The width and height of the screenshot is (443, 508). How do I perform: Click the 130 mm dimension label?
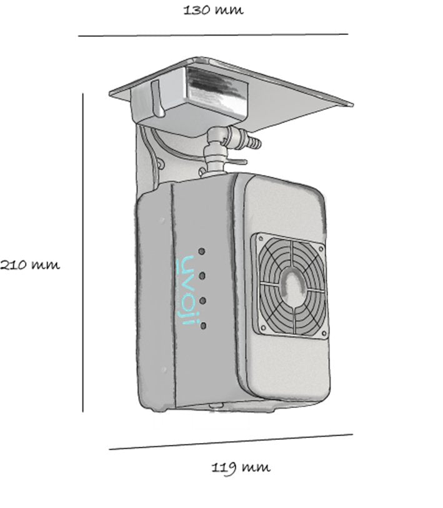213,10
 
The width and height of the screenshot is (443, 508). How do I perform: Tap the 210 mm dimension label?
30,265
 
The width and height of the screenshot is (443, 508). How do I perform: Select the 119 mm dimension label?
241,467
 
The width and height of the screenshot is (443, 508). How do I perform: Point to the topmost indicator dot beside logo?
202,251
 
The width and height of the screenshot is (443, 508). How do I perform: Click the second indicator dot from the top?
202,276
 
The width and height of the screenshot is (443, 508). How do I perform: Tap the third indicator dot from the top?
203,301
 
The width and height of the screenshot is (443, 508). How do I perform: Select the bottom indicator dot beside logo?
204,326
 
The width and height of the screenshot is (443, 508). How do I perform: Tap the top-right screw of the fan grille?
321,249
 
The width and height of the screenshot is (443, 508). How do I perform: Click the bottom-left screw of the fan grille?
263,327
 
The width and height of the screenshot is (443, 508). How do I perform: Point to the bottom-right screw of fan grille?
324,332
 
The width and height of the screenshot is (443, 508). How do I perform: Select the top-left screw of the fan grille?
260,239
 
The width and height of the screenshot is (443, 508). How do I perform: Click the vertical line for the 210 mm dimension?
82,252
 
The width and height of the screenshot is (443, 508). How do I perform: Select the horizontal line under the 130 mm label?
213,34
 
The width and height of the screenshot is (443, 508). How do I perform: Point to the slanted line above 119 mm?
231,442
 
